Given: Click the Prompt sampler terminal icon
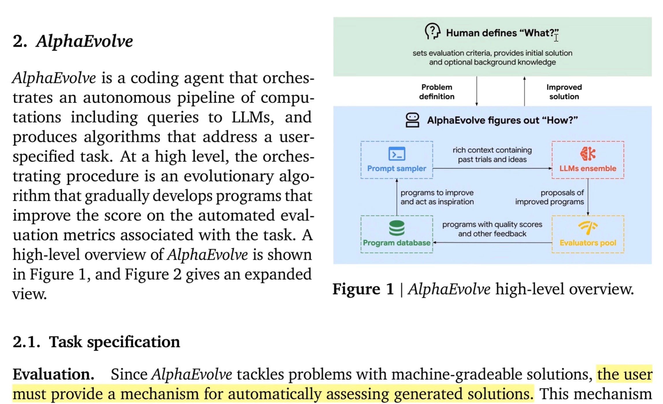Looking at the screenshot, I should [x=397, y=154].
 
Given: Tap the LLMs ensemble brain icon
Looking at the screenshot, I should [x=588, y=154].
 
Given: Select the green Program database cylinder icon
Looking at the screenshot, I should [x=397, y=228].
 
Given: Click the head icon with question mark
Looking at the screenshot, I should [x=432, y=31].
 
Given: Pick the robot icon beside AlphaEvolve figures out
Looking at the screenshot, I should [x=412, y=120].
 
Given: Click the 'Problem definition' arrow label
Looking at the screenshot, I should [x=437, y=92].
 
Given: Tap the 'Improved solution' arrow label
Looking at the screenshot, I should [x=564, y=92].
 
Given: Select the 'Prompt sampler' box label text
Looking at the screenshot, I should [x=397, y=168].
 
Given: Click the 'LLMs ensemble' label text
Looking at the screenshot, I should [x=588, y=168].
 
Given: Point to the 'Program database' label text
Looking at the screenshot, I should [x=397, y=243].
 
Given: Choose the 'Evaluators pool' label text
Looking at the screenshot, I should [x=588, y=243].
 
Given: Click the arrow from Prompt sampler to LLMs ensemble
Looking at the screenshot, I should [x=492, y=168].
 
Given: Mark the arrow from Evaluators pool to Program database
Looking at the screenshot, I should [x=492, y=242].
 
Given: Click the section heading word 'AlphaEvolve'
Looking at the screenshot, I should [x=84, y=41].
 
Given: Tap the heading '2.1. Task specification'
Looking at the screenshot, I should [x=96, y=342].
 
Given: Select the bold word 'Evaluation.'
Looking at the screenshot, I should [x=53, y=374].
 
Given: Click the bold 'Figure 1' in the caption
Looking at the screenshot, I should [x=363, y=289].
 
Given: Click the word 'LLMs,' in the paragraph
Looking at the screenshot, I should [x=252, y=117].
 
